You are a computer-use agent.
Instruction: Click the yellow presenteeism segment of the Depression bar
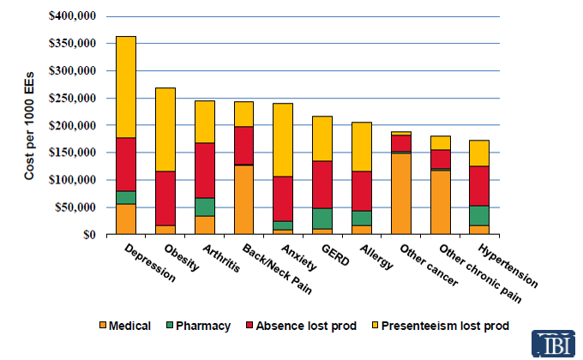tap(125, 87)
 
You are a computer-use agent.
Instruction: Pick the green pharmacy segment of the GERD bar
tap(322, 219)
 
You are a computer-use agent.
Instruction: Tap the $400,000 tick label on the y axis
tap(73, 16)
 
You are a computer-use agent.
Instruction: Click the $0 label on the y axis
tap(89, 234)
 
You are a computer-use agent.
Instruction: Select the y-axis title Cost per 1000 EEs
tap(31, 125)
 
